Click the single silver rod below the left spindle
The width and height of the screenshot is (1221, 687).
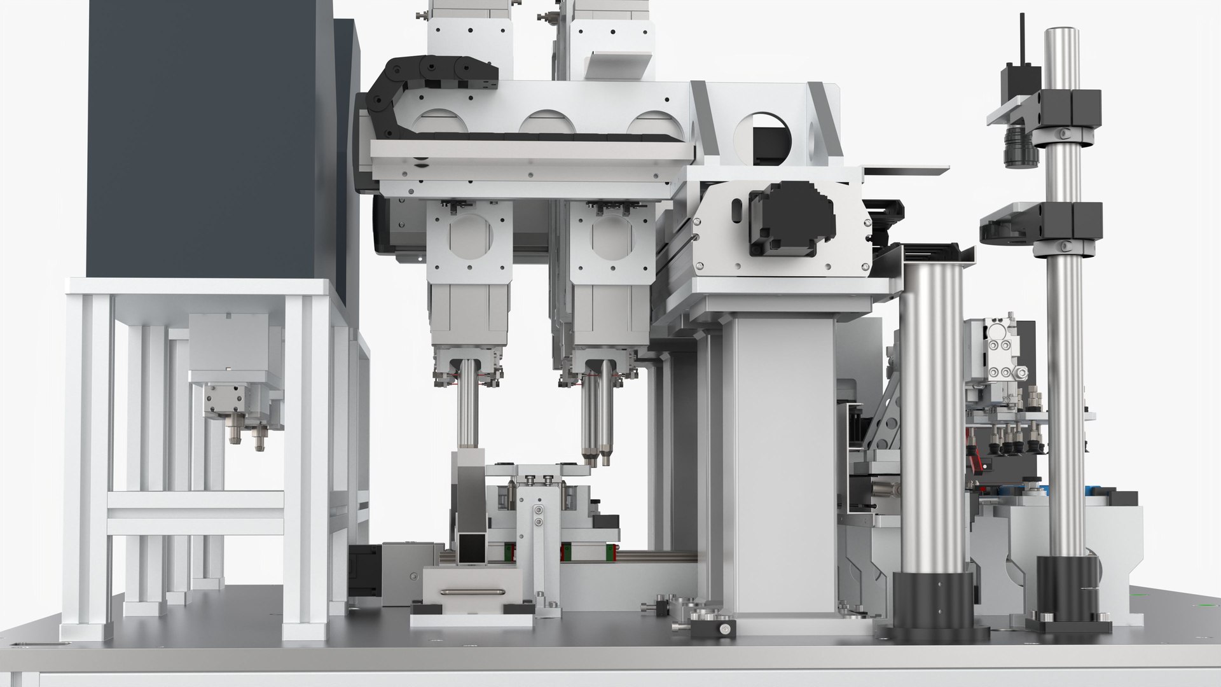point(469,407)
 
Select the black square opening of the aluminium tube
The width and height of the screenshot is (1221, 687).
point(471,546)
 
